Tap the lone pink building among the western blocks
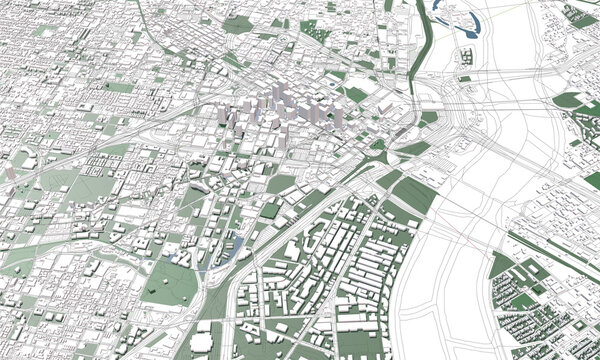(11, 173)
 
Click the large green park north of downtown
(238, 24)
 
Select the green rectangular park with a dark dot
(119, 88)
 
